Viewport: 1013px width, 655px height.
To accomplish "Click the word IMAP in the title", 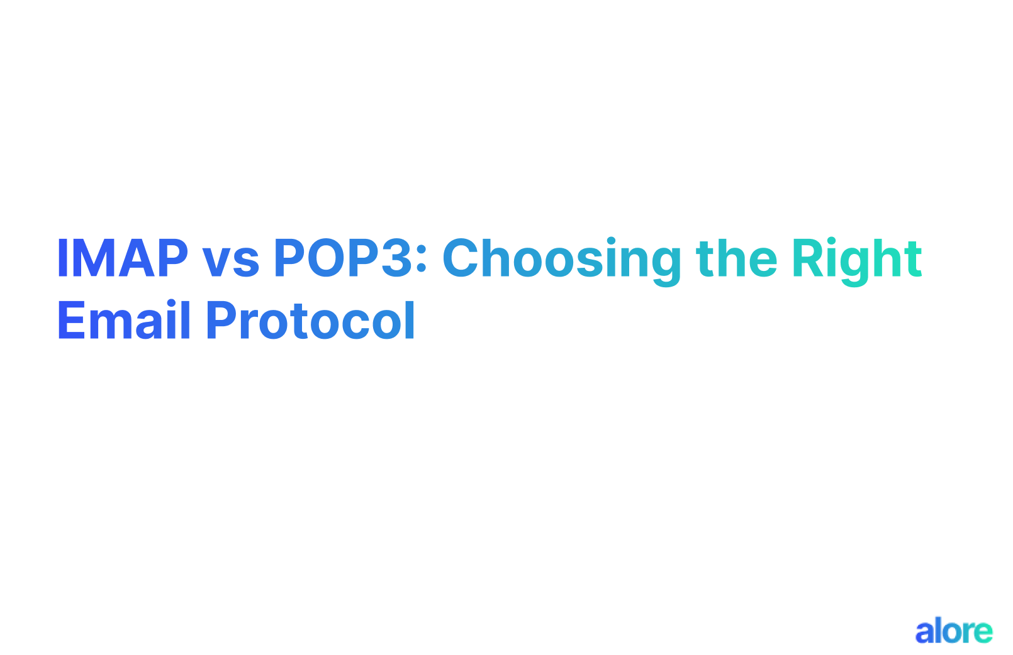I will [x=122, y=258].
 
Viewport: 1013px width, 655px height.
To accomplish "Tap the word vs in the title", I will [x=230, y=261].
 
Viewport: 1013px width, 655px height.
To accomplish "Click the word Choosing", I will [x=562, y=259].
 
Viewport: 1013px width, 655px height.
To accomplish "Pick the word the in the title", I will [x=736, y=258].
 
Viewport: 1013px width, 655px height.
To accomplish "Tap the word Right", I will [x=857, y=259].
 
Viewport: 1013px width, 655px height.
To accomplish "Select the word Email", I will [x=124, y=321].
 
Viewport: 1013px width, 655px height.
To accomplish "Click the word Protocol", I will [x=310, y=321].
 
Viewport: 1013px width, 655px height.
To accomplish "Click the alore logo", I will [x=953, y=631].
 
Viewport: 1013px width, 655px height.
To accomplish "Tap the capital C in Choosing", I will [x=464, y=258].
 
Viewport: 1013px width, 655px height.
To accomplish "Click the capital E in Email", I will [x=70, y=321].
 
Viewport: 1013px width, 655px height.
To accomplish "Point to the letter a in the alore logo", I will [x=925, y=632].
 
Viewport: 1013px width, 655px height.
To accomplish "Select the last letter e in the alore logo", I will [x=983, y=632].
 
